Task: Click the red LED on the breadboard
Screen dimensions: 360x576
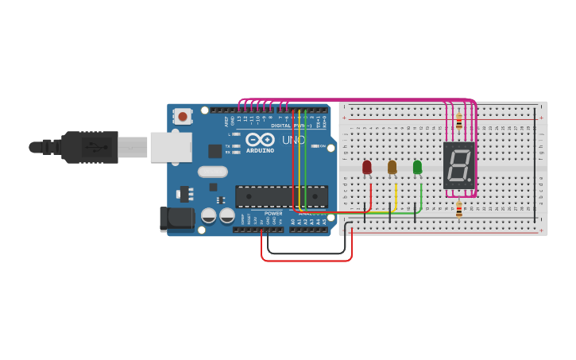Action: click(x=366, y=167)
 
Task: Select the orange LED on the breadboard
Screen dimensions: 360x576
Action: click(x=392, y=167)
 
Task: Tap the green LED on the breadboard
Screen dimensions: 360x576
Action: click(x=417, y=167)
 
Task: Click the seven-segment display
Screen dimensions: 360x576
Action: click(x=458, y=165)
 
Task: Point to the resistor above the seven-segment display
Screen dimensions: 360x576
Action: click(x=458, y=121)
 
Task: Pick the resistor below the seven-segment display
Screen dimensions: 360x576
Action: click(x=458, y=209)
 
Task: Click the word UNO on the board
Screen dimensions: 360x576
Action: click(x=293, y=140)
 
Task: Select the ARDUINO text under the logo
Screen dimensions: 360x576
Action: click(x=260, y=150)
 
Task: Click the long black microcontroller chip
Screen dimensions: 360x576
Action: click(x=281, y=196)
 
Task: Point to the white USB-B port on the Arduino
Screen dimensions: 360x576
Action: click(x=171, y=147)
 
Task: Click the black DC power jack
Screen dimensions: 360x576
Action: click(x=176, y=219)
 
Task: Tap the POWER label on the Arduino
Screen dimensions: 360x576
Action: click(x=273, y=213)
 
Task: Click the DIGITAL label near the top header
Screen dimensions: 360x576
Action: click(x=280, y=126)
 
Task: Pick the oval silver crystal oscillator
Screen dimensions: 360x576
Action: click(x=212, y=171)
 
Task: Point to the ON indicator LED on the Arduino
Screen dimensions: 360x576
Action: click(x=315, y=146)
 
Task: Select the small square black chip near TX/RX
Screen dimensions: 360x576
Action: click(x=215, y=150)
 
